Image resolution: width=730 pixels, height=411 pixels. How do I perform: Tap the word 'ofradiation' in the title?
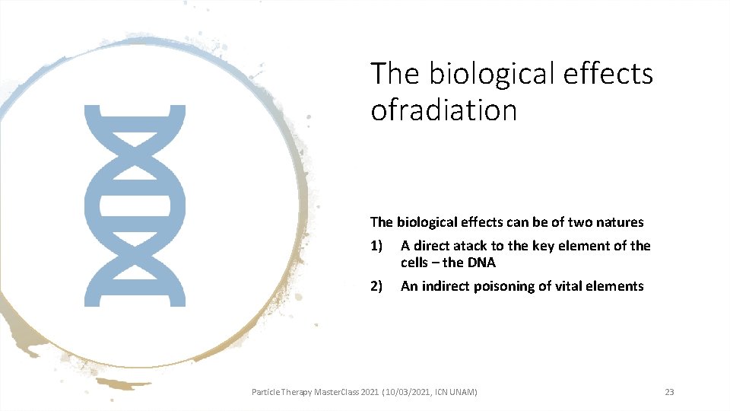coord(443,110)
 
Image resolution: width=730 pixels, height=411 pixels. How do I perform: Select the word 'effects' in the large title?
coord(616,74)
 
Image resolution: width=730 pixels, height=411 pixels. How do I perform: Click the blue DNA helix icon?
coord(135,205)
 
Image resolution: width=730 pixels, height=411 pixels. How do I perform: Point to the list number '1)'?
coord(377,246)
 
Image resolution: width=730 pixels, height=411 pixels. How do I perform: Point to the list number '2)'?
coord(377,286)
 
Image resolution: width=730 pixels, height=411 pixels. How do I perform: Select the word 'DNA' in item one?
coord(480,263)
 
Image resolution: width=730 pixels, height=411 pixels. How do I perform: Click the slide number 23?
coord(669,392)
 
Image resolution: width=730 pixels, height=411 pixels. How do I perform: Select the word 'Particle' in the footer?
coord(266,392)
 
